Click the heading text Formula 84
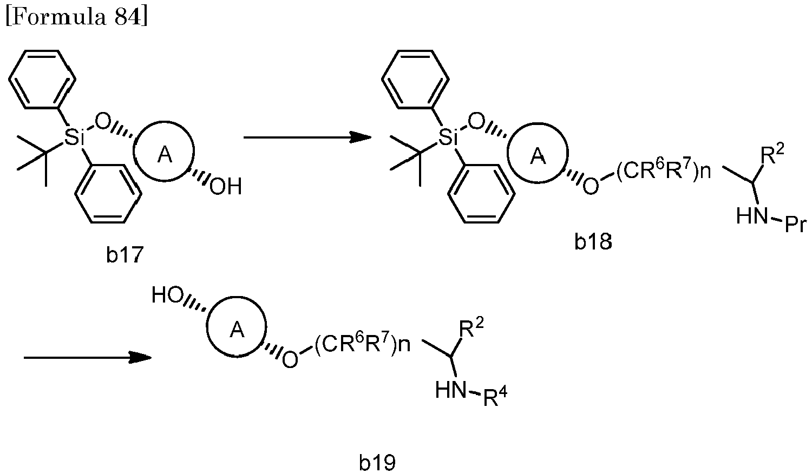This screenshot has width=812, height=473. point(76,16)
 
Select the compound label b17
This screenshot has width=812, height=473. point(125,254)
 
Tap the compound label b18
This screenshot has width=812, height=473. point(593,241)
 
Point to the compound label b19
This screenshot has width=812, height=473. point(377,463)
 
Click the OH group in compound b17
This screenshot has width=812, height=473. point(225,187)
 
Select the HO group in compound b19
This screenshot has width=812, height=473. point(167,294)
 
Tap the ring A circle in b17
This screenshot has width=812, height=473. point(134,151)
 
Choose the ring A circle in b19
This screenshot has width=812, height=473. point(206,327)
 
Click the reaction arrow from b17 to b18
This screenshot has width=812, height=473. point(307,137)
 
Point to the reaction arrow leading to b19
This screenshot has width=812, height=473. point(87,358)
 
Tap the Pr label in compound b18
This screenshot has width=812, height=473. point(795,225)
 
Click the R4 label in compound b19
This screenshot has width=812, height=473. point(495,397)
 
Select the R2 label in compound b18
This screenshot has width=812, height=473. point(771,154)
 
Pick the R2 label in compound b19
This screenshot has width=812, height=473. point(472,329)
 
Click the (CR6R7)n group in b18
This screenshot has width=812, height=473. point(663,170)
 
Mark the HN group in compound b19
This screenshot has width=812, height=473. point(450,390)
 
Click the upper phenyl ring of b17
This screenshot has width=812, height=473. point(42,79)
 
